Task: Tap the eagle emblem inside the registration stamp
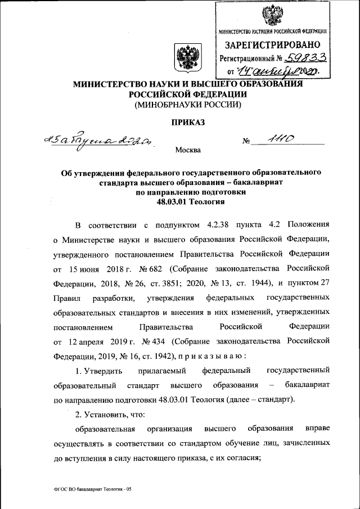[274, 13]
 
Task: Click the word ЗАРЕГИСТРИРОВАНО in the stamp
[273, 44]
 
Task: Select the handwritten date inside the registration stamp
[273, 71]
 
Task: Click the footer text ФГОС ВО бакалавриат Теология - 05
[89, 489]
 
